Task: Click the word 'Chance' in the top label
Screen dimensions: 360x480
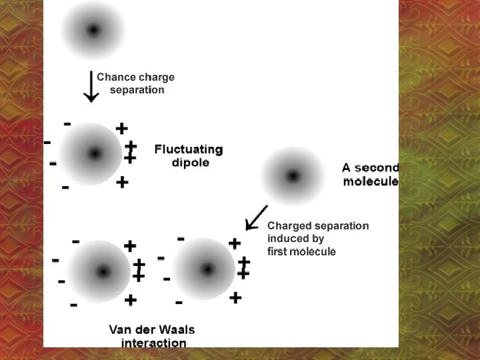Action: point(115,77)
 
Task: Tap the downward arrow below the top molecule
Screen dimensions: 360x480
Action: point(91,87)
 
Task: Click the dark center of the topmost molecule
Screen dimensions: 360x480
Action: point(93,29)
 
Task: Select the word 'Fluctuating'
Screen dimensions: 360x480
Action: point(189,149)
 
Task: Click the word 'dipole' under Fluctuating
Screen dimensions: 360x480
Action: point(190,163)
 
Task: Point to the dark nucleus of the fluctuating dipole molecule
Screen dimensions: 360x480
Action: point(95,154)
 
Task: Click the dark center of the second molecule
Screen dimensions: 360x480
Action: point(292,176)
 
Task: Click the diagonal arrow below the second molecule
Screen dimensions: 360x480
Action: point(256,216)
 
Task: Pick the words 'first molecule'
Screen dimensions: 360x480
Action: point(301,251)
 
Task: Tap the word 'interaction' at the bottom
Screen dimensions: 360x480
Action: point(153,343)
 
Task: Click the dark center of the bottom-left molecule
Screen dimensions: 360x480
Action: point(103,272)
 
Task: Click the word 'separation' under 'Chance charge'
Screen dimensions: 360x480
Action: point(137,89)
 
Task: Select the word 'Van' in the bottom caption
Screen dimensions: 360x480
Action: point(120,330)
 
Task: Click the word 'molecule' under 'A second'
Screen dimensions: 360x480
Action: point(371,181)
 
